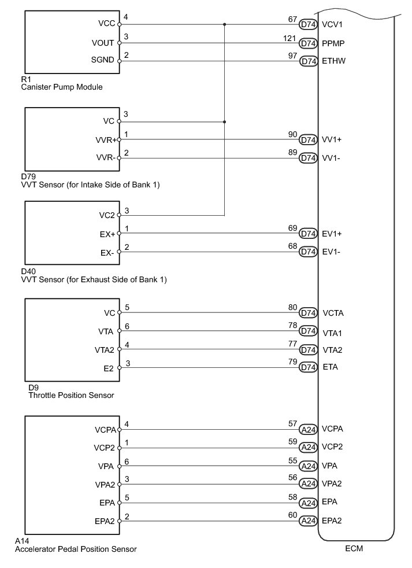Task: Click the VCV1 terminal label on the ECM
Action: (332, 25)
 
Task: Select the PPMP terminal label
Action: (333, 43)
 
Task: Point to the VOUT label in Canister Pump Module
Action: (103, 43)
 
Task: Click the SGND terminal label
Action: (103, 61)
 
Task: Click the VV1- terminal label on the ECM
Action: (332, 158)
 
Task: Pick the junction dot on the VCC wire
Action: (224, 24)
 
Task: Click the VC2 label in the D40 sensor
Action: (106, 215)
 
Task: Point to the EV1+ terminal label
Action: (332, 234)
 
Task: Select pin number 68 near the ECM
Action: (292, 246)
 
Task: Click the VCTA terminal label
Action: (332, 313)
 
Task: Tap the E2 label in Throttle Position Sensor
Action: (110, 367)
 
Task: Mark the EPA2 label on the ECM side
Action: (332, 521)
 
